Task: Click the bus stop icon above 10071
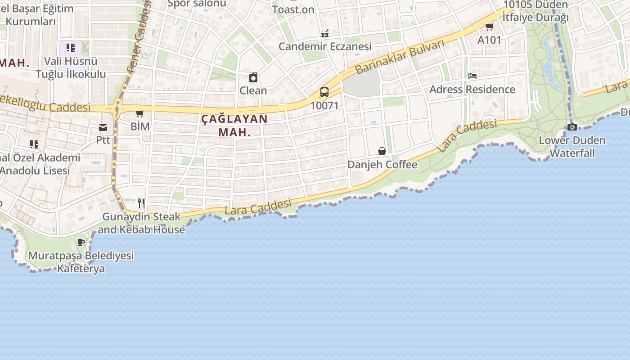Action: (324, 92)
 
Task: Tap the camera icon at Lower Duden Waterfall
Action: (572, 127)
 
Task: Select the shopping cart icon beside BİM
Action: (140, 113)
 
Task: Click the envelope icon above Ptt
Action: (103, 127)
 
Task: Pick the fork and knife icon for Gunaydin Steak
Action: (141, 203)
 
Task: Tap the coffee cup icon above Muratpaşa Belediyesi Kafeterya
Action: (81, 242)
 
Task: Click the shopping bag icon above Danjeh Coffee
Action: (382, 151)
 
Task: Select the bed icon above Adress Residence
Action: (472, 76)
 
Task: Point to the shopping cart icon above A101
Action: (489, 27)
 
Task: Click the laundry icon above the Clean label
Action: (253, 77)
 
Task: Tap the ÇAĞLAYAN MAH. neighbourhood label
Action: (234, 126)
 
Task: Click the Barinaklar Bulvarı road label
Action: (399, 56)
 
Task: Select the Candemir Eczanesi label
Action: (325, 46)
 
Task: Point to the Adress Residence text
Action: (472, 89)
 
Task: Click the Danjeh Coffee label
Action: (382, 165)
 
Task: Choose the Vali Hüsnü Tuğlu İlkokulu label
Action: (71, 67)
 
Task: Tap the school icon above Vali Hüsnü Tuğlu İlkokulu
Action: (70, 48)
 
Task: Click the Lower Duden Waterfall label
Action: (572, 147)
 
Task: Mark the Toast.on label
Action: (293, 9)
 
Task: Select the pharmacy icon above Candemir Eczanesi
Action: (325, 33)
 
